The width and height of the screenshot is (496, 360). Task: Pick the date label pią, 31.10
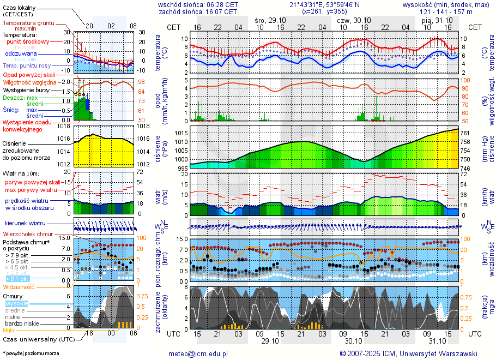tap(434, 20)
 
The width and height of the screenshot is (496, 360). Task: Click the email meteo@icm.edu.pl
tap(198, 353)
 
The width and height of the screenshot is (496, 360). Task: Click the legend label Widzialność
tap(19, 286)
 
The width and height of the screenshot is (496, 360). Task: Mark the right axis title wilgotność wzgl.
tap(493, 101)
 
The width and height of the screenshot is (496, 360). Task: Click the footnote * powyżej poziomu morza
tap(30, 353)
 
